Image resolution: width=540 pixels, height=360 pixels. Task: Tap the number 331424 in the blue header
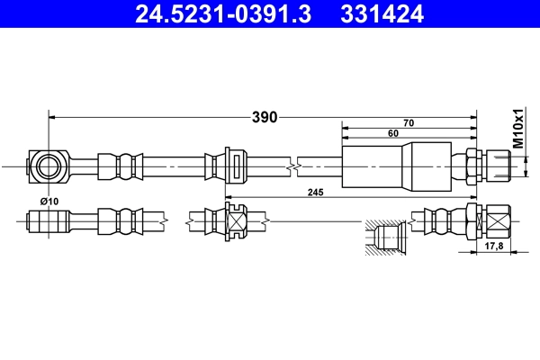381,14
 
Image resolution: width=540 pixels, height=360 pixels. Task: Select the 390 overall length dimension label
264,117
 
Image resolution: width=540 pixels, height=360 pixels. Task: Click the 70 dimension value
409,122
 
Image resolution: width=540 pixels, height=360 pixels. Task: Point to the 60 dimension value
393,134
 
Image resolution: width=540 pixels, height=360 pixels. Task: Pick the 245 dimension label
314,191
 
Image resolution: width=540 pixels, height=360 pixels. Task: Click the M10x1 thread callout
518,129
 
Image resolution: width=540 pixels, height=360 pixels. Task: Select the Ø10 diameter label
49,201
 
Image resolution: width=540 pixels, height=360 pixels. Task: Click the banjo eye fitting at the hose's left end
48,166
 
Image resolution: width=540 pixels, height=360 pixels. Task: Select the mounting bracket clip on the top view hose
232,166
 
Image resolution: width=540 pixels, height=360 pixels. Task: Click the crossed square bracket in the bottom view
235,219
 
